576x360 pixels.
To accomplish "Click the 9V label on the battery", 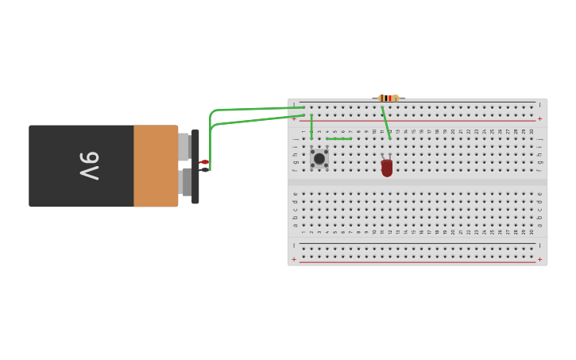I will [x=89, y=166].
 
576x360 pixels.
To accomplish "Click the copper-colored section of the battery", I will [x=156, y=166].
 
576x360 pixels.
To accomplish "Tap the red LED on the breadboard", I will [x=387, y=167].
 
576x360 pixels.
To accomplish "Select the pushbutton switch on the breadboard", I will [x=319, y=158].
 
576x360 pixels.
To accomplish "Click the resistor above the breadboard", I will [x=388, y=98].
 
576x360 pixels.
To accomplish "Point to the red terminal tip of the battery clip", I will [x=204, y=162].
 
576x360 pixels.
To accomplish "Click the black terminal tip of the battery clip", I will [x=204, y=169].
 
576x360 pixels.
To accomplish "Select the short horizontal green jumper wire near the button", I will [x=338, y=139].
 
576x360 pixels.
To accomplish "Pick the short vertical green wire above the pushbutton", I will [x=311, y=126].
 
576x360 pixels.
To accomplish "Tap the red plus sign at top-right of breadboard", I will [x=539, y=118].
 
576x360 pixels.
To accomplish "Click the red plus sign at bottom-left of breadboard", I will [x=294, y=259].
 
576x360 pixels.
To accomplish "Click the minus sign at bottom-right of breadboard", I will [x=539, y=246].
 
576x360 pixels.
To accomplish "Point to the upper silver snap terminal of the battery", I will [x=184, y=147].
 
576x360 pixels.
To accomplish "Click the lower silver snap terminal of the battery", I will [x=186, y=182].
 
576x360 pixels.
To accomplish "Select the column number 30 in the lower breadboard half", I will [x=532, y=231].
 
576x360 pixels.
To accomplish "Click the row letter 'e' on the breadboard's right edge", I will [x=539, y=194].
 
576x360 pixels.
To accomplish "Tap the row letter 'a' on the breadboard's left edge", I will [x=295, y=225].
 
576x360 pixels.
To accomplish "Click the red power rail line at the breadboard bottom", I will [x=417, y=262].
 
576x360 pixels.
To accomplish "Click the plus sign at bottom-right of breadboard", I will [x=539, y=259].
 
